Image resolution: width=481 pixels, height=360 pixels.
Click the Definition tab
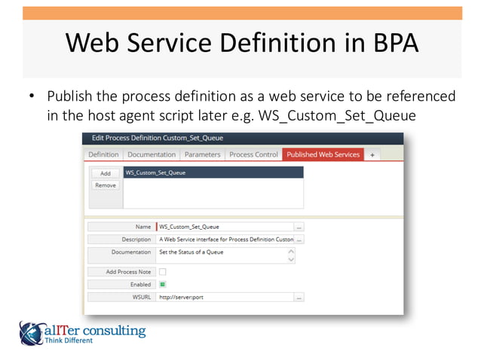[x=103, y=154]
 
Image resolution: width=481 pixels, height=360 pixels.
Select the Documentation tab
[x=152, y=154]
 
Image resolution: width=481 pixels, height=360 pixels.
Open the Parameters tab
[x=203, y=154]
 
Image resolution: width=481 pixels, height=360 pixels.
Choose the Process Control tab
[x=253, y=154]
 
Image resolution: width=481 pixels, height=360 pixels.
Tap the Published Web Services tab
[x=323, y=154]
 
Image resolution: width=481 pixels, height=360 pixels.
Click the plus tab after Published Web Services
[x=372, y=154]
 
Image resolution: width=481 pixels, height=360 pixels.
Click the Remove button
[x=105, y=185]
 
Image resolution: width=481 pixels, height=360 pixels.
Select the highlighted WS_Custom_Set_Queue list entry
[x=213, y=172]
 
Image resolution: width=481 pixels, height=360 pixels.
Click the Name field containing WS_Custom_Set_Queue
[x=225, y=226]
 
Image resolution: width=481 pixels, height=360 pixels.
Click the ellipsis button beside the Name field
[x=299, y=226]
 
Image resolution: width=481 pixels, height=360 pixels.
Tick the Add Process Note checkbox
[x=162, y=272]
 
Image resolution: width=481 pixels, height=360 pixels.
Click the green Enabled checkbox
[x=162, y=285]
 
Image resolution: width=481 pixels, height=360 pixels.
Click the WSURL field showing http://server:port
[x=225, y=297]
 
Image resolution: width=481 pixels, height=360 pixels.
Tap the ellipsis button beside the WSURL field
[x=299, y=297]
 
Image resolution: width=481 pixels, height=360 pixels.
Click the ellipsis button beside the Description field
[x=299, y=239]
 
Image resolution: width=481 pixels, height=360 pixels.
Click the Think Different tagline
[x=69, y=340]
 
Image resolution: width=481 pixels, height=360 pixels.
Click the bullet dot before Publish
[x=32, y=98]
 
